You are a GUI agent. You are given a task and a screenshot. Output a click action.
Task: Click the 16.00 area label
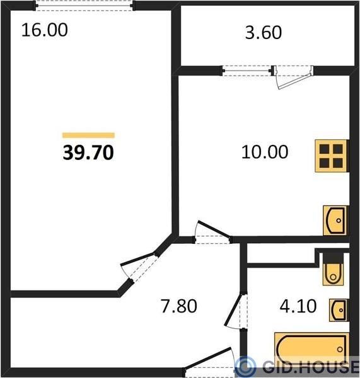pyautogui.click(x=44, y=30)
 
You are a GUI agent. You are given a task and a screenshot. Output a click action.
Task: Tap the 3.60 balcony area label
pyautogui.click(x=264, y=33)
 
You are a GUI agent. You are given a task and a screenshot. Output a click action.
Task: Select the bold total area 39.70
pyautogui.click(x=88, y=153)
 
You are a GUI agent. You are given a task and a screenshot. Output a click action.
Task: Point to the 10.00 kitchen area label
pyautogui.click(x=265, y=152)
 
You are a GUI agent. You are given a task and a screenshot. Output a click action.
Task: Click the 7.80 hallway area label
pyautogui.click(x=179, y=306)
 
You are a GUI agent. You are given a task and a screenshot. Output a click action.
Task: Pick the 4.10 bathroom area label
pyautogui.click(x=298, y=306)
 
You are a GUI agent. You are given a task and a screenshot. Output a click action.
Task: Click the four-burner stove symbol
pyautogui.click(x=332, y=156)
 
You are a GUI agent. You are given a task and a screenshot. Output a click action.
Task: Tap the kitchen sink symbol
pyautogui.click(x=335, y=220)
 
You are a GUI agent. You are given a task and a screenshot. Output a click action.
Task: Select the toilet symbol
pyautogui.click(x=333, y=269)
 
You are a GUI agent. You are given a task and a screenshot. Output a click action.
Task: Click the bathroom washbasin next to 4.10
pyautogui.click(x=339, y=310)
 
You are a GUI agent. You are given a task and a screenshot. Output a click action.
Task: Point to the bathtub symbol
pyautogui.click(x=311, y=349)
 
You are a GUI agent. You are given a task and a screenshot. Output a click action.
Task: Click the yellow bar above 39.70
pyautogui.click(x=88, y=135)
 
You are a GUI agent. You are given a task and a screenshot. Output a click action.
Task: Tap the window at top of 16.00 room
pyautogui.click(x=84, y=5)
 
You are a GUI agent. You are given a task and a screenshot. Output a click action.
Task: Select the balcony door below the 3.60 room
pyautogui.click(x=293, y=77)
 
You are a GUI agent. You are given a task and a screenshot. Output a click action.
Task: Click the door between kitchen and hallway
pyautogui.click(x=212, y=233)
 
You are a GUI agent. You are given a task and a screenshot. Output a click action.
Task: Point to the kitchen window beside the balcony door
pyautogui.click(x=247, y=71)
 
